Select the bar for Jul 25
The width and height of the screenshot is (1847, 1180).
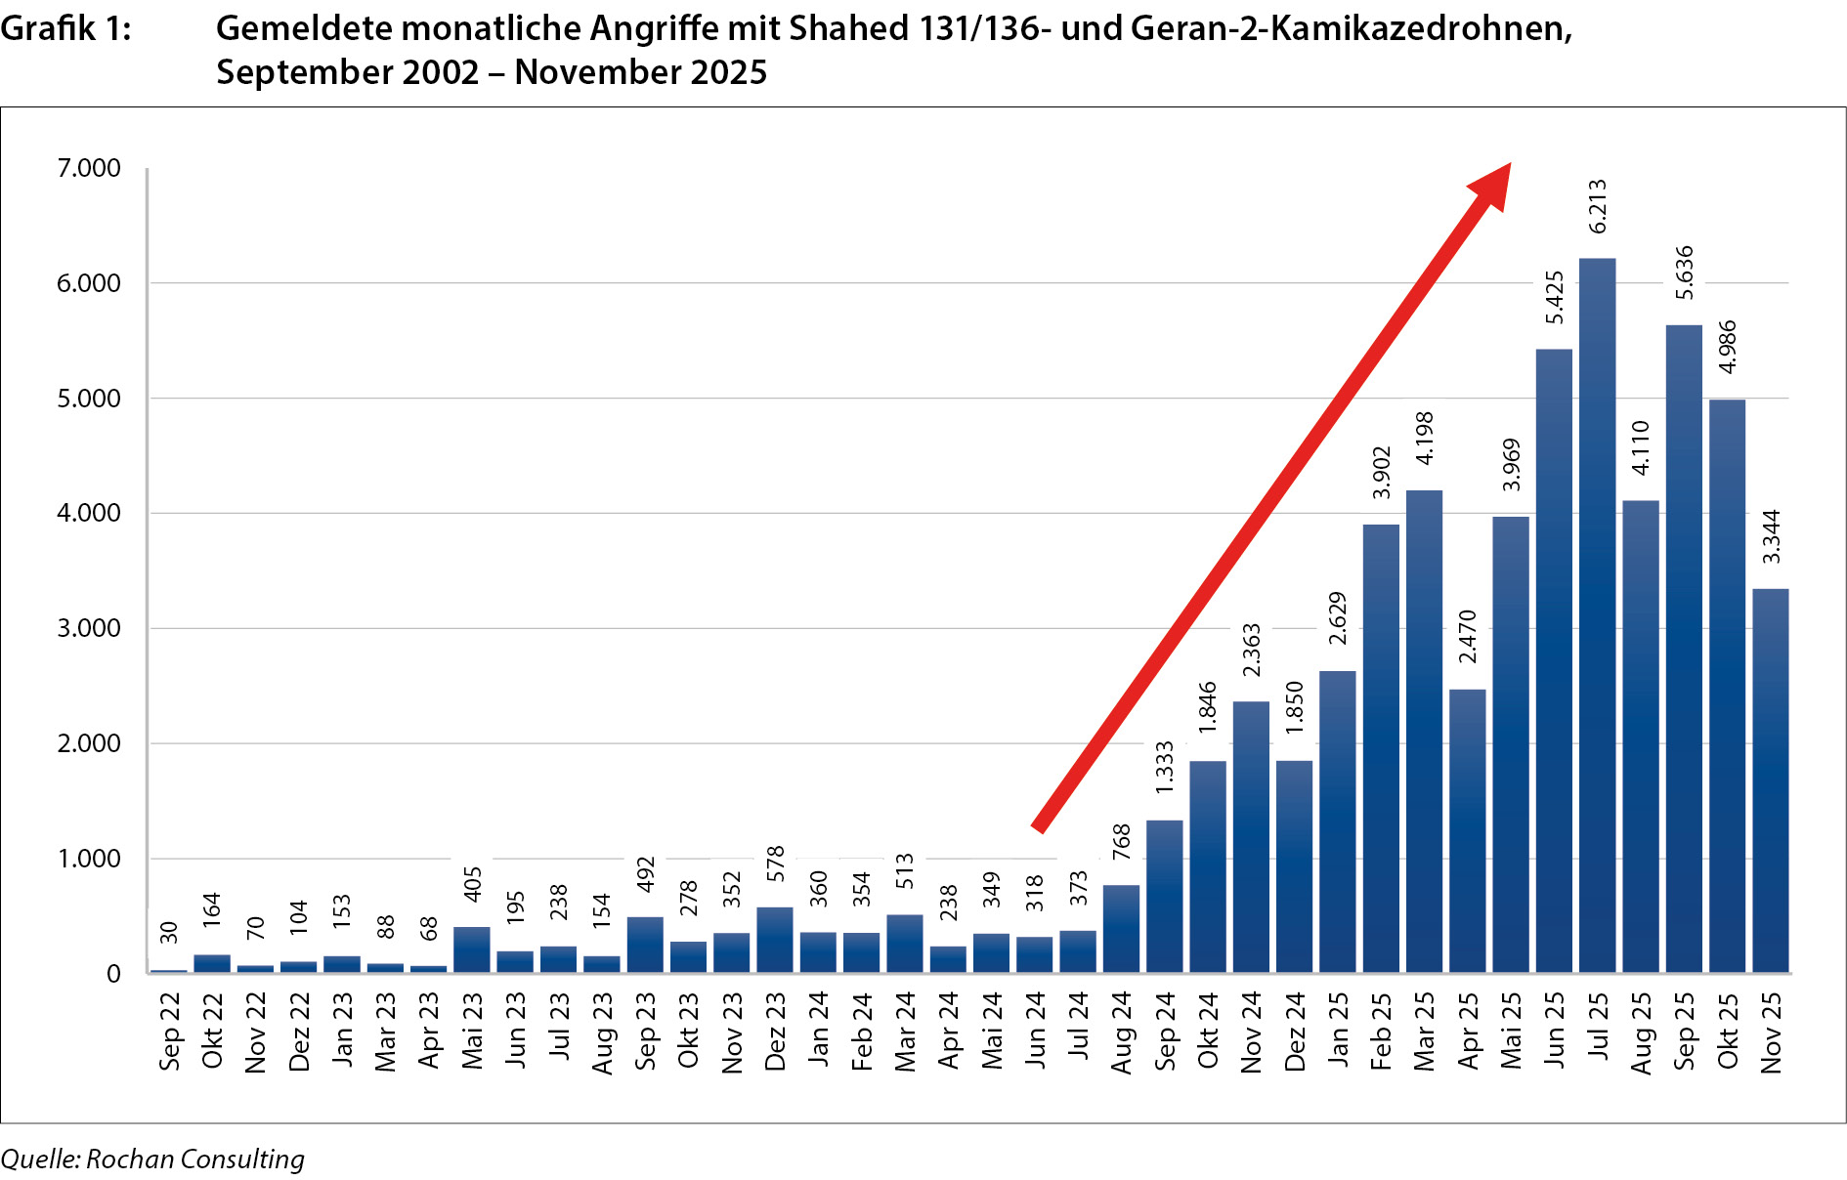click(x=1597, y=615)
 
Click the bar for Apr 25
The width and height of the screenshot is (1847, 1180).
click(x=1467, y=830)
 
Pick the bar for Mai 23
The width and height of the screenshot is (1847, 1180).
click(x=472, y=948)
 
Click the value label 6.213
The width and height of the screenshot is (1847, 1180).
click(x=1597, y=206)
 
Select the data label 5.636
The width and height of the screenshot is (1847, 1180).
click(x=1684, y=273)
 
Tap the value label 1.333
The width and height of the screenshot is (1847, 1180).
click(x=1164, y=768)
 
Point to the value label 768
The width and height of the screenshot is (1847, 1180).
click(x=1121, y=842)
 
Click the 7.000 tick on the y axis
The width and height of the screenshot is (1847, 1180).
click(x=89, y=168)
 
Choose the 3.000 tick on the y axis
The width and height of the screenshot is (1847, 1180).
click(x=89, y=628)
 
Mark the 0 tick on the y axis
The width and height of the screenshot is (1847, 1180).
click(x=113, y=973)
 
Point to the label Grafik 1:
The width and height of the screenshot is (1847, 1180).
click(x=65, y=28)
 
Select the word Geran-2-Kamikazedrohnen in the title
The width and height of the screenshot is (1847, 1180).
click(x=1352, y=28)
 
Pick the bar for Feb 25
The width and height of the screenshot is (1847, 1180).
click(x=1381, y=748)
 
